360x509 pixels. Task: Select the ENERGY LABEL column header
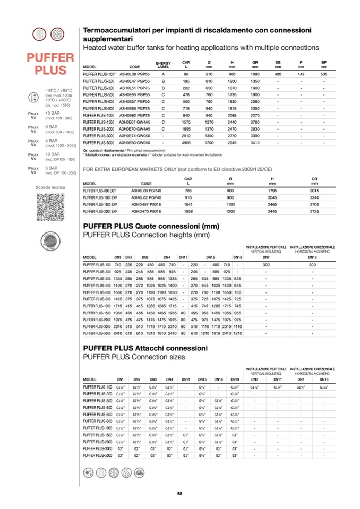point(163,65)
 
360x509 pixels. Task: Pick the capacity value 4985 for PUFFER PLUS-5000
point(186,143)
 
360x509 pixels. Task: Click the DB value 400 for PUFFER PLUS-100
point(278,74)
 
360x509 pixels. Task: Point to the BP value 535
point(324,74)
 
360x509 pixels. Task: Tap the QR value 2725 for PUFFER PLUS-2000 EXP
point(314,211)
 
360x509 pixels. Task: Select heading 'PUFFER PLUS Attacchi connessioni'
point(148,348)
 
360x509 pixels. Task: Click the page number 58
point(180,494)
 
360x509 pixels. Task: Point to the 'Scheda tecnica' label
point(50,187)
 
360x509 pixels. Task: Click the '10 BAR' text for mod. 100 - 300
point(52,113)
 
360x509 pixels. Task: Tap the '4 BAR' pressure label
point(51,141)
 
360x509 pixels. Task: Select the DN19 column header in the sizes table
point(235,379)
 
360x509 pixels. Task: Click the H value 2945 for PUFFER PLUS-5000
point(232,143)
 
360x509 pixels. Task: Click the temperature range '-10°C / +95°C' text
point(58,91)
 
